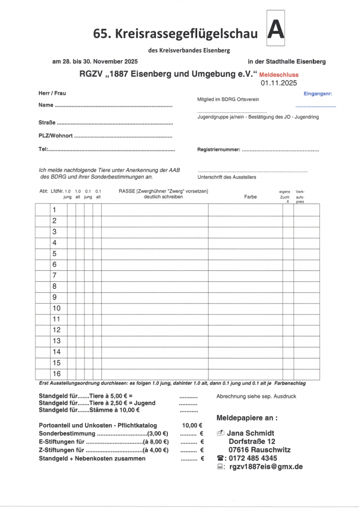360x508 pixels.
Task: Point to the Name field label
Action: click(46, 105)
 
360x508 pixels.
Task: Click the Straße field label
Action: click(47, 122)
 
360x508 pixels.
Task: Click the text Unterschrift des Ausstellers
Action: click(227, 177)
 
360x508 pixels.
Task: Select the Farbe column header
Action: click(250, 197)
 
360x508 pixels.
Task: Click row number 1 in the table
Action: click(55, 210)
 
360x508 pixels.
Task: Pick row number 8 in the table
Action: click(55, 286)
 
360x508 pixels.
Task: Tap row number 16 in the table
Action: click(57, 374)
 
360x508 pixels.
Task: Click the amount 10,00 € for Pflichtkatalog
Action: click(192, 425)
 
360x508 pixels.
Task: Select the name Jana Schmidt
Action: click(250, 433)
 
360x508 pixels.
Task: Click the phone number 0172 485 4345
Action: click(253, 458)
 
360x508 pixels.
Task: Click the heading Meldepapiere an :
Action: click(247, 417)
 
